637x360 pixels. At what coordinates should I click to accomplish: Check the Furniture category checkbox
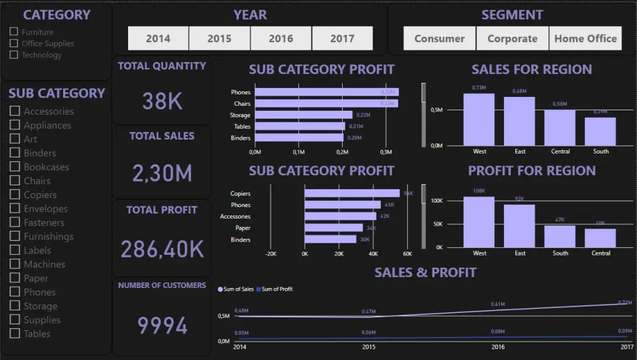click(x=14, y=32)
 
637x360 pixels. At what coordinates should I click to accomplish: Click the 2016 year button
click(x=281, y=38)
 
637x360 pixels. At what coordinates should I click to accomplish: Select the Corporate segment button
click(x=512, y=38)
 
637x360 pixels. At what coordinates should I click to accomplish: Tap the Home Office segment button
click(x=585, y=38)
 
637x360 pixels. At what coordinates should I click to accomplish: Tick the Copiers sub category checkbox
click(x=15, y=195)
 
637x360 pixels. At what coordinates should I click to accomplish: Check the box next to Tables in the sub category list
click(x=15, y=334)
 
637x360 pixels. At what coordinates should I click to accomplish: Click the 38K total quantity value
click(x=162, y=101)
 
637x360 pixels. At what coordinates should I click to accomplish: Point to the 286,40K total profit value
click(x=162, y=249)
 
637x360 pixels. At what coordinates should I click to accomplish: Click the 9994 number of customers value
click(x=162, y=326)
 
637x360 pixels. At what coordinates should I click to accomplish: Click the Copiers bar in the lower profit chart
click(x=352, y=194)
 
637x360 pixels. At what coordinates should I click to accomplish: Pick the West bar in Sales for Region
click(x=479, y=119)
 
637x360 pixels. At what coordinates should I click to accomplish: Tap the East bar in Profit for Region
click(x=520, y=226)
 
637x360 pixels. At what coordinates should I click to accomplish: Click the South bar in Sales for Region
click(x=601, y=131)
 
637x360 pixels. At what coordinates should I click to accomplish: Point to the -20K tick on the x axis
click(x=270, y=254)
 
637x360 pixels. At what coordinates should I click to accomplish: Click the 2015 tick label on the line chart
click(x=368, y=347)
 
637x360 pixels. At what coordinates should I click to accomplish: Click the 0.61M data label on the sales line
click(x=497, y=305)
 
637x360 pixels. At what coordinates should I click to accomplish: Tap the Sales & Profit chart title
click(x=425, y=273)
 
